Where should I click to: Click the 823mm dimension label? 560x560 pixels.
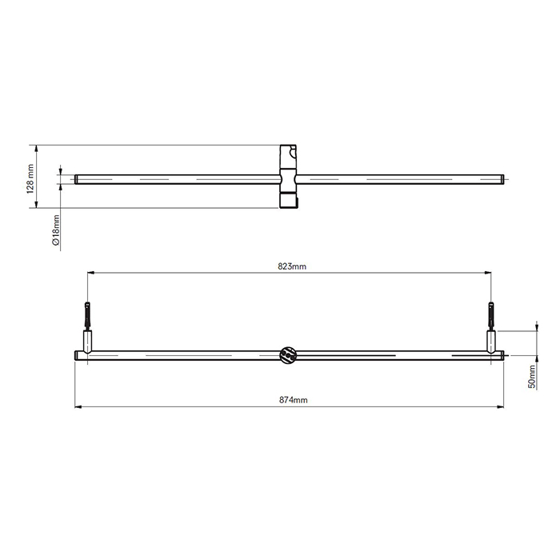tap(292, 266)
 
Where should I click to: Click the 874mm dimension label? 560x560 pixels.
tap(294, 400)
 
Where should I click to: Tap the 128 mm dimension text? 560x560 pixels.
tap(30, 179)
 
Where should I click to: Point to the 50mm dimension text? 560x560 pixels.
tap(532, 377)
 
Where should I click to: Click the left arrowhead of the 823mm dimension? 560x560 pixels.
tap(90, 273)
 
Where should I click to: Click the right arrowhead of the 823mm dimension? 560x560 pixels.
tap(488, 273)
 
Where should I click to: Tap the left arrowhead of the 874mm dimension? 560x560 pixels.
tap(78, 406)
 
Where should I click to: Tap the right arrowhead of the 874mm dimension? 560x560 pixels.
tap(500, 406)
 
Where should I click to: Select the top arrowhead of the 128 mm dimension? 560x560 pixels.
tap(36, 149)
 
